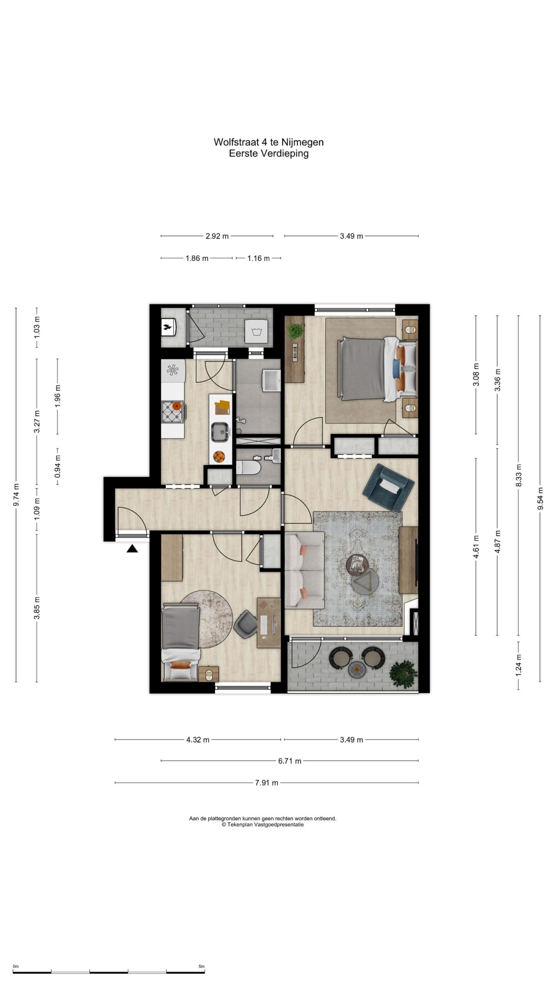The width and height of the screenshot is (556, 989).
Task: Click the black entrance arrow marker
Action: pyautogui.click(x=132, y=549)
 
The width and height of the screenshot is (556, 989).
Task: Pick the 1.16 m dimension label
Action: pyautogui.click(x=258, y=258)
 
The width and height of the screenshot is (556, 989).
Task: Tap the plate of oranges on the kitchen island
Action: pyautogui.click(x=219, y=457)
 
